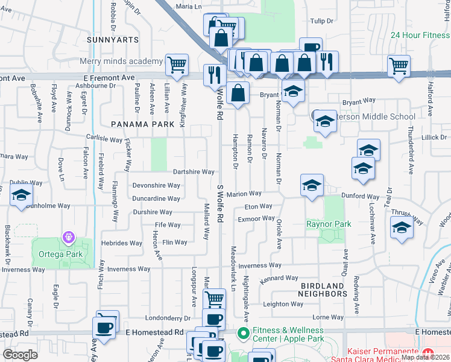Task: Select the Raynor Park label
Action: pos(328,224)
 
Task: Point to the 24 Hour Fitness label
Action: pos(420,35)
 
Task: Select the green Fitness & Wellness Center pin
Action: pos(242,332)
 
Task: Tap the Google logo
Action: pos(20,355)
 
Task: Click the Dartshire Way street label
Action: pos(194,172)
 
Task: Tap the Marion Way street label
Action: pos(244,194)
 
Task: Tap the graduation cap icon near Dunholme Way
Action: pos(21,195)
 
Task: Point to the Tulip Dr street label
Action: pos(321,21)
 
